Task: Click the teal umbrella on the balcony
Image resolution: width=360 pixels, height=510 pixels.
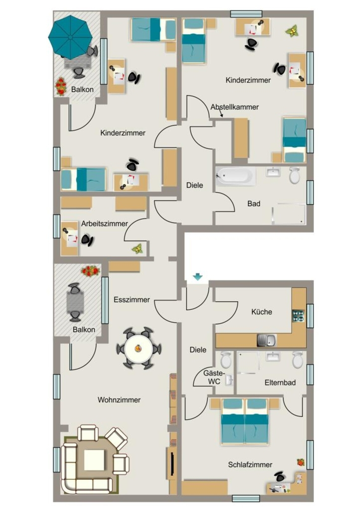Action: (x=71, y=36)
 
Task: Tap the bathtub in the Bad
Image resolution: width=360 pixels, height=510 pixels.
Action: (x=236, y=176)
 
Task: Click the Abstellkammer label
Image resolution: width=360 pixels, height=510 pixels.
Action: (x=235, y=107)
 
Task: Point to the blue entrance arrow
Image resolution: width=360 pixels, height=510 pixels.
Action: (x=198, y=277)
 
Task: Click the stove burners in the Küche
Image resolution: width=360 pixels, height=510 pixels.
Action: (x=299, y=316)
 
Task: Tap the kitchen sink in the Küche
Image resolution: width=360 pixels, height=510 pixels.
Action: (x=267, y=340)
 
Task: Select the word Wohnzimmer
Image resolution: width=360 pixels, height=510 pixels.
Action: (x=119, y=400)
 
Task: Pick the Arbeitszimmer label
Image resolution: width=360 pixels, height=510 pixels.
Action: (x=105, y=224)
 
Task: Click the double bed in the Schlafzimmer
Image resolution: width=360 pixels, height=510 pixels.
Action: (x=245, y=421)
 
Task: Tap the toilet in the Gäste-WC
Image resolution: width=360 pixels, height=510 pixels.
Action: (x=226, y=360)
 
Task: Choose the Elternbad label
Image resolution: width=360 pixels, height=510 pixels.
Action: (x=280, y=383)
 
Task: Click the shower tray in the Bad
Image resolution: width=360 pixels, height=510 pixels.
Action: (x=289, y=214)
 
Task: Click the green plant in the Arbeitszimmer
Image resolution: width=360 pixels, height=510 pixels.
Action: (x=137, y=249)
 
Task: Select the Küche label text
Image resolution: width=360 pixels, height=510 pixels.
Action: (x=262, y=312)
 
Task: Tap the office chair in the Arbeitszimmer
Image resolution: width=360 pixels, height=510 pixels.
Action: (x=87, y=240)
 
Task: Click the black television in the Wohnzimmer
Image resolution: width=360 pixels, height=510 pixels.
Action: (x=172, y=463)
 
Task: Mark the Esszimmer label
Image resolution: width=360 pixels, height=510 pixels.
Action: (x=132, y=299)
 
